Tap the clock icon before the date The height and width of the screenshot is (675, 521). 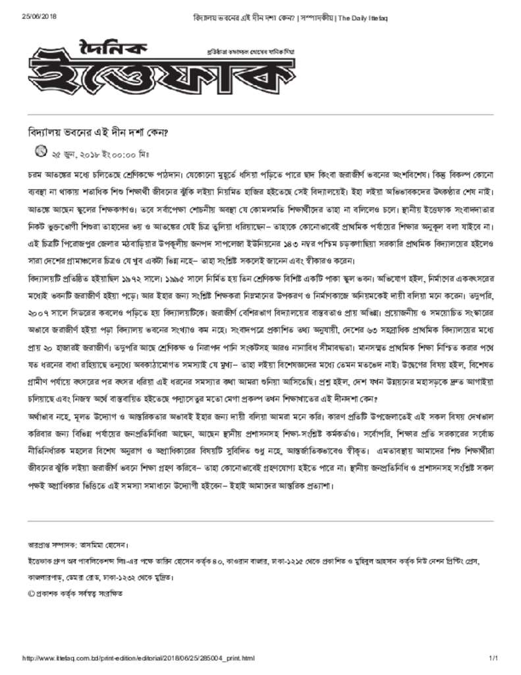(41, 152)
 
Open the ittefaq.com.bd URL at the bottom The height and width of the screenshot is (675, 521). (138, 658)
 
